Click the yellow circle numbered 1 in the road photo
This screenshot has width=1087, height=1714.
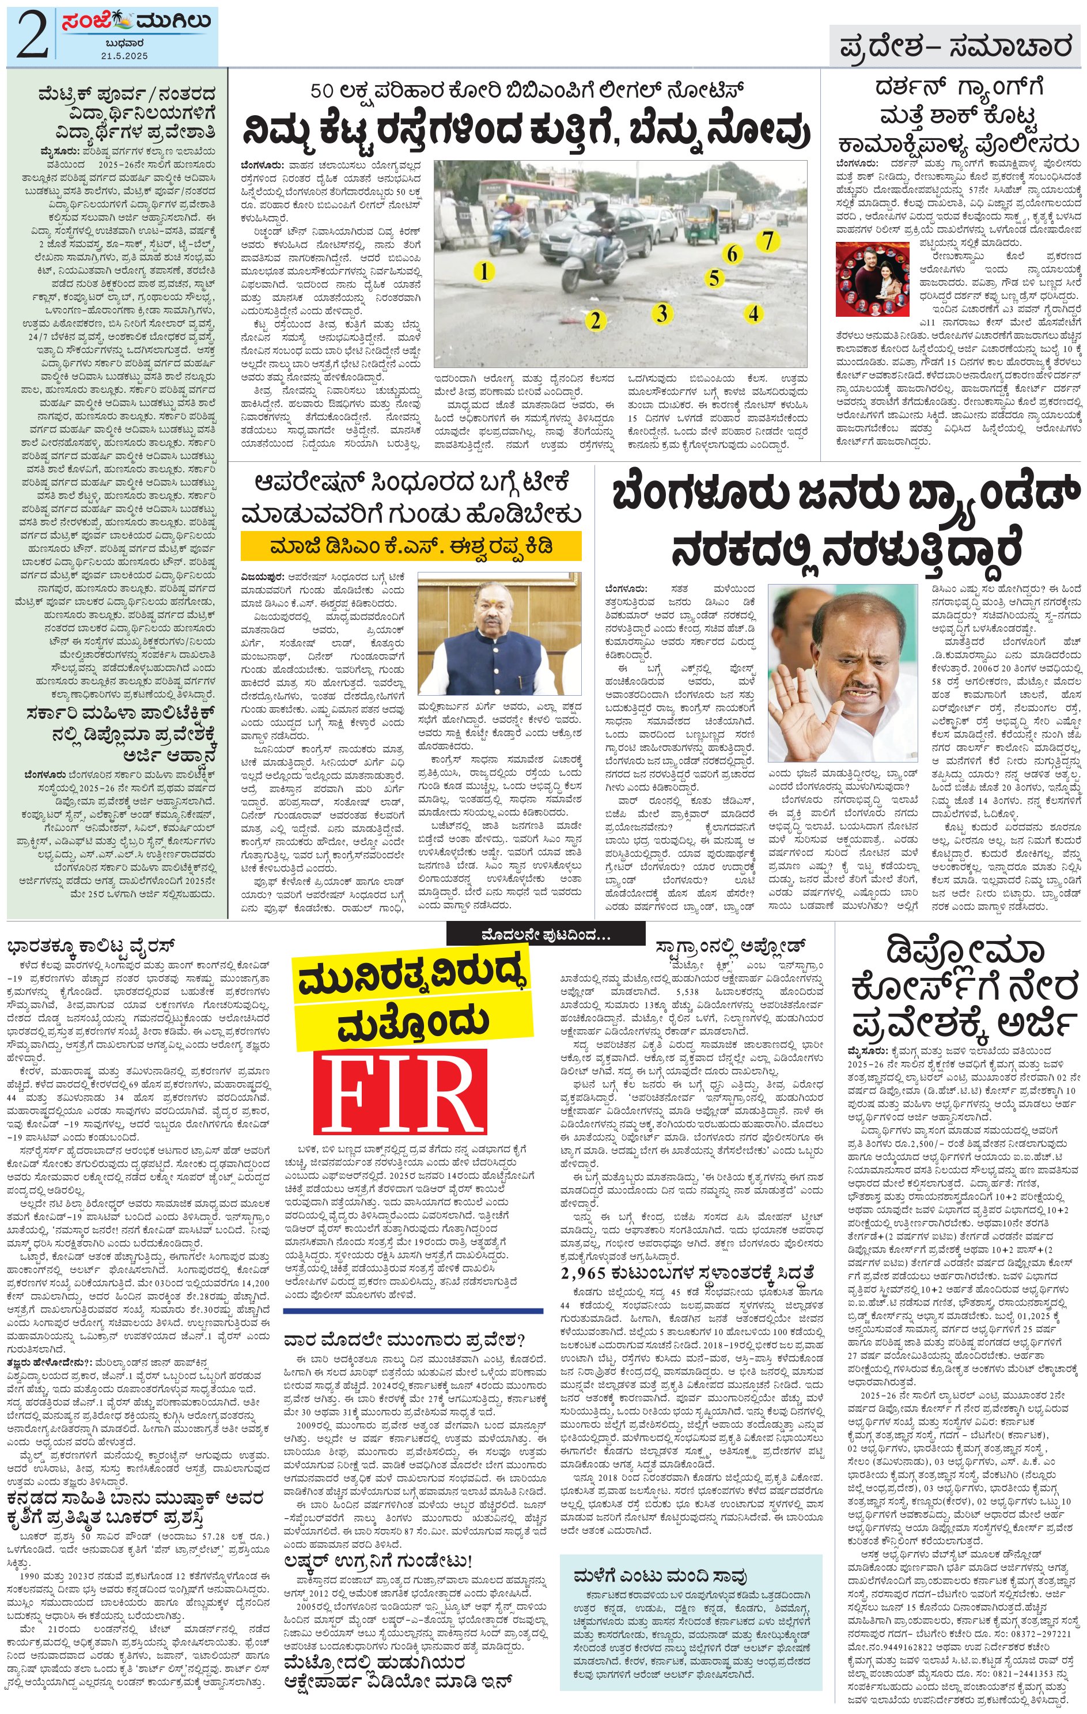(x=484, y=271)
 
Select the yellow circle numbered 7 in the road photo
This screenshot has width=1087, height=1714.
(x=767, y=241)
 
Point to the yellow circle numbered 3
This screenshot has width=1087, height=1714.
(x=662, y=313)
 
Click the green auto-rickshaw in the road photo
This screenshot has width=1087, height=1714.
(x=701, y=221)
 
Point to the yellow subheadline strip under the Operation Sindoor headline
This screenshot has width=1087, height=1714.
(x=411, y=547)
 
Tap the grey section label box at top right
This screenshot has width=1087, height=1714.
(x=955, y=46)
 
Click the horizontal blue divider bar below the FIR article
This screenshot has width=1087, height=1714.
(x=413, y=1309)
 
